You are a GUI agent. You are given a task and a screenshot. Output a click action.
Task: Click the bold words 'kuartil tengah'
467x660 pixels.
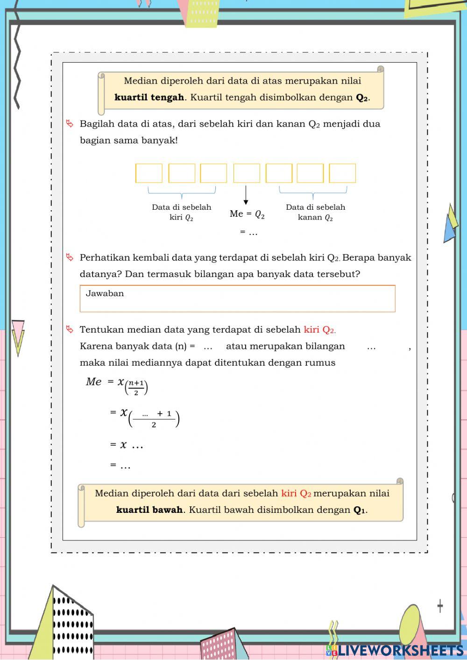[149, 98]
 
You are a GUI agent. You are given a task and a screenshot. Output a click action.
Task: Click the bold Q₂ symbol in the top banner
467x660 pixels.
[362, 98]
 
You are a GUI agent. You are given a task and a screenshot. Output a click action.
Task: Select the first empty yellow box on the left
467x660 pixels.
[149, 173]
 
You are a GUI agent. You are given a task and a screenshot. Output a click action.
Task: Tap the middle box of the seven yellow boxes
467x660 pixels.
[247, 173]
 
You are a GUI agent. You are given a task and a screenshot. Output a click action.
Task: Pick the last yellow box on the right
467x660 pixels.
[342, 173]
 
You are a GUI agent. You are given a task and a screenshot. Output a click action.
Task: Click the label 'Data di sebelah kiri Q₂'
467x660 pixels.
[181, 212]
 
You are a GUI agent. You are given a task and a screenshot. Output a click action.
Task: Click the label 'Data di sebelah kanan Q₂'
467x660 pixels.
[315, 212]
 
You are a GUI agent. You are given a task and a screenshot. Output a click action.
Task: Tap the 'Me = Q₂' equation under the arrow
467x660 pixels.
[247, 214]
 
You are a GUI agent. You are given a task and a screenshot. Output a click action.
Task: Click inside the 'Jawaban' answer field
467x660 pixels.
[237, 302]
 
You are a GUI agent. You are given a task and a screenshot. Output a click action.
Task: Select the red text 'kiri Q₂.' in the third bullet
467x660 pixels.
[319, 330]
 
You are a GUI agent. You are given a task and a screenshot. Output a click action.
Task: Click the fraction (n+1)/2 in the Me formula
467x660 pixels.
[136, 388]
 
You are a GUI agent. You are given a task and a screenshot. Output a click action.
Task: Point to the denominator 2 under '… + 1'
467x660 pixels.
[154, 425]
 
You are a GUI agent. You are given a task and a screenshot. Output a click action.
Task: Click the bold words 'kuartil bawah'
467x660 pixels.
[149, 510]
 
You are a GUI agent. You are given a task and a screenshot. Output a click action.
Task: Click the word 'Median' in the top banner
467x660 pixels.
[141, 81]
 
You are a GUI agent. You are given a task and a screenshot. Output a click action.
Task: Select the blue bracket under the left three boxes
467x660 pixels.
[182, 192]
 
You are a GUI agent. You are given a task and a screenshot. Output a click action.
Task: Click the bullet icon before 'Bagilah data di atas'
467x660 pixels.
[70, 124]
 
